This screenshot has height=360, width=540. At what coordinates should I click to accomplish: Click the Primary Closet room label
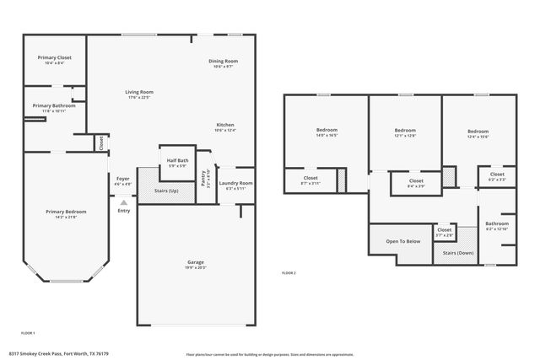[x=54, y=57]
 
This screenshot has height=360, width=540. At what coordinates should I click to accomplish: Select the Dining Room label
[x=224, y=61]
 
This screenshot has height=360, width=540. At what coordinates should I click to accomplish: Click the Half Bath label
[x=177, y=160]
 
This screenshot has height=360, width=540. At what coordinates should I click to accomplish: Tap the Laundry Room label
[x=235, y=183]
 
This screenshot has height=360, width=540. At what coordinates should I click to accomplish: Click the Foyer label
[x=123, y=178]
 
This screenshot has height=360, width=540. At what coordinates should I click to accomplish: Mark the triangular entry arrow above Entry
[x=123, y=202]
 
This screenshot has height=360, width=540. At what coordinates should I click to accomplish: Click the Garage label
[x=195, y=262]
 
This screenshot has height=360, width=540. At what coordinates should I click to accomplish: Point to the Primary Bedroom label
[x=65, y=212]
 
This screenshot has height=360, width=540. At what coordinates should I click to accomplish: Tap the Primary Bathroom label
[x=54, y=105]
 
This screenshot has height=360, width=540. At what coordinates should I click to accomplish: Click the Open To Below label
[x=403, y=241]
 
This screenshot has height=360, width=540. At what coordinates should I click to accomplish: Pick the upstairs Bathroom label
[x=497, y=223]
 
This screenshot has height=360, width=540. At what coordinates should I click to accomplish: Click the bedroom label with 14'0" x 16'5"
[x=327, y=130]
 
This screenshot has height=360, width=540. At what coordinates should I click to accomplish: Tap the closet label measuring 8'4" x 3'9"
[x=416, y=180]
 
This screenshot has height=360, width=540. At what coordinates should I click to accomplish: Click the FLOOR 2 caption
[x=289, y=272]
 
